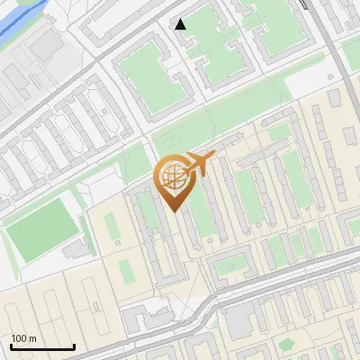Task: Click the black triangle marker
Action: coord(181,24)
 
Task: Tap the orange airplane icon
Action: coord(200,163)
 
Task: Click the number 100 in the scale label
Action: coord(20,338)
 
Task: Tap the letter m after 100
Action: coord(33,338)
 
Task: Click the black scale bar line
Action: coord(42,346)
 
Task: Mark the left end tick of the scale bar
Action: coord(11,346)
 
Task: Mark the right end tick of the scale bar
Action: coord(74,346)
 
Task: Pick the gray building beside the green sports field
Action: coord(77,244)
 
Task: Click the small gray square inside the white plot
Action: coord(117,243)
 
